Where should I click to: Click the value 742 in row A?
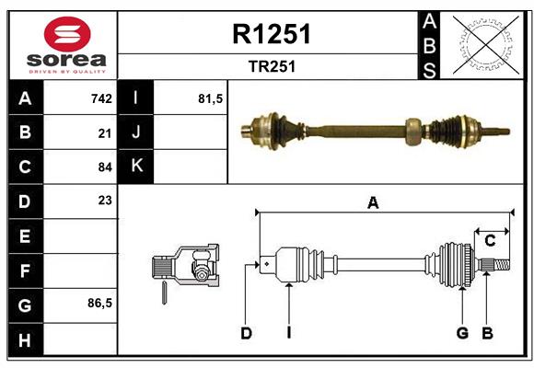point(101,98)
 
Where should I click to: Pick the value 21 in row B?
point(105,132)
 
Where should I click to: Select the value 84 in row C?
point(105,167)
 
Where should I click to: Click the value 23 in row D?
point(105,200)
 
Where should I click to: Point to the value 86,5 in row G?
point(99,303)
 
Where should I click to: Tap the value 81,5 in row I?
point(211,98)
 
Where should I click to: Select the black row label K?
point(136,167)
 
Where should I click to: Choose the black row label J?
point(136,132)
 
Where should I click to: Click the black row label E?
point(24,236)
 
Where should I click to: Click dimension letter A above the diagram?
point(373,203)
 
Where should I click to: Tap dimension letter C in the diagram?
point(490,241)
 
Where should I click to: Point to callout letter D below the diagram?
point(246,332)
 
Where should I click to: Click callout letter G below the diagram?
point(462,332)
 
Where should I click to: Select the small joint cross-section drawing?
point(185,269)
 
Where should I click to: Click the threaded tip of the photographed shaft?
point(502,131)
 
